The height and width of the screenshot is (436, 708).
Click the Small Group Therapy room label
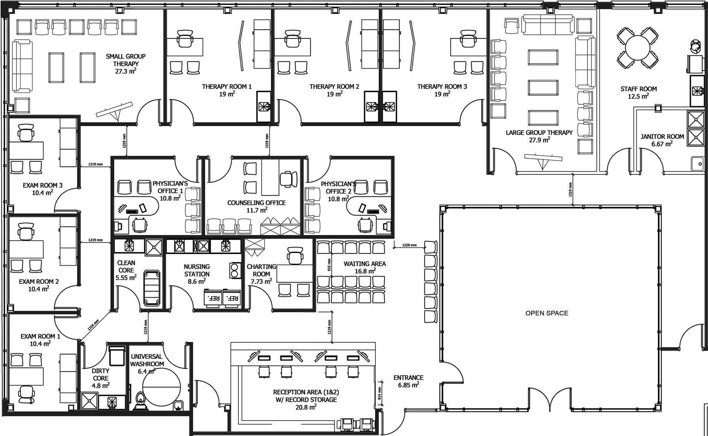[126, 60]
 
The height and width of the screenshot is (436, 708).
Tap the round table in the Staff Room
[638, 48]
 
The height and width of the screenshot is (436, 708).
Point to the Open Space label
[547, 313]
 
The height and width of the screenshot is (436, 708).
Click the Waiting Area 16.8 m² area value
[365, 271]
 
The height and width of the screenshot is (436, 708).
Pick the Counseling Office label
[256, 203]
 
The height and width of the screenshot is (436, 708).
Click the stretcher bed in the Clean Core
[151, 288]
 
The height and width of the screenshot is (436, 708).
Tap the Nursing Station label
[197, 270]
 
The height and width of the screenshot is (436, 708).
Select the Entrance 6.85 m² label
[408, 381]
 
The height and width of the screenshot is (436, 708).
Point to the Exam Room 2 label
[38, 282]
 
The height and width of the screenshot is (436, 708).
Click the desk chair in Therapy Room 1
[185, 39]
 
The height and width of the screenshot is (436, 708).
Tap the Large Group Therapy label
[539, 132]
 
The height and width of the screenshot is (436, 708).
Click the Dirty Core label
[100, 374]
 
